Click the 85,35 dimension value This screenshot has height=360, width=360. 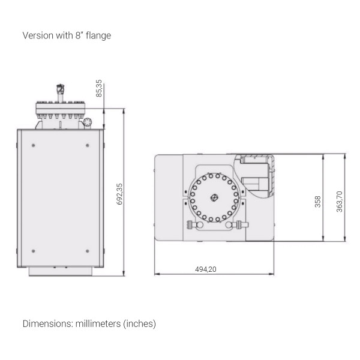(100, 89)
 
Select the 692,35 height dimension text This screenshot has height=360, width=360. (119, 194)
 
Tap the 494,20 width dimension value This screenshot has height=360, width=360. (206, 269)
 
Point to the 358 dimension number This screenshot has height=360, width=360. (318, 201)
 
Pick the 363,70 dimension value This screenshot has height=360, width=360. (340, 202)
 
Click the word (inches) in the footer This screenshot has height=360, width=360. (139, 324)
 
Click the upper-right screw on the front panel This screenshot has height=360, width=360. (88, 145)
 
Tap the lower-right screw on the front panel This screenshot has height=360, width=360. (88, 251)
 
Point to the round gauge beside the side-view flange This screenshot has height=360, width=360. (88, 122)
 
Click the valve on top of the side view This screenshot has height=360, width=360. (59, 91)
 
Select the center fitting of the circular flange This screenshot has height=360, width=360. (214, 197)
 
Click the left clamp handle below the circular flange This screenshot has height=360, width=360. (192, 226)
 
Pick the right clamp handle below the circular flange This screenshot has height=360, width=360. (240, 226)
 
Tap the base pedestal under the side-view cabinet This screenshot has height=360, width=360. (61, 272)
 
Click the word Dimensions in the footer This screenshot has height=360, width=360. (47, 324)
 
